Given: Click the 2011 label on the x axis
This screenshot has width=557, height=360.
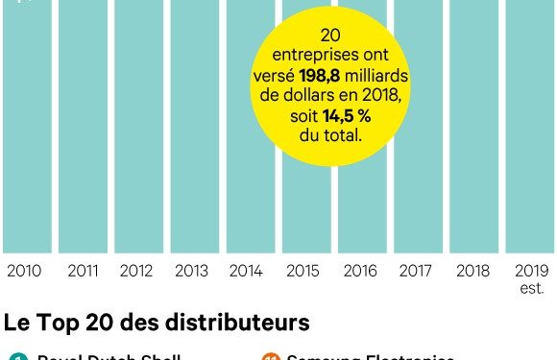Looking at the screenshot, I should tap(84, 272).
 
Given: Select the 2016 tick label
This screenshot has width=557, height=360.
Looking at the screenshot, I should tap(361, 272).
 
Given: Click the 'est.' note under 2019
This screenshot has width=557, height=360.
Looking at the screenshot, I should tap(532, 288).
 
